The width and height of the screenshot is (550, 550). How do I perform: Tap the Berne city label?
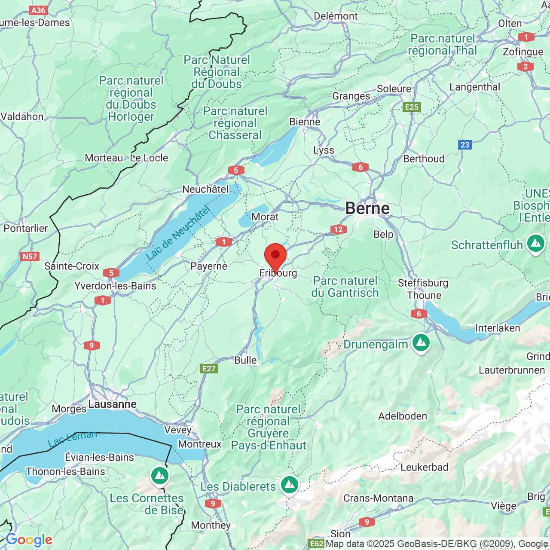(367, 208)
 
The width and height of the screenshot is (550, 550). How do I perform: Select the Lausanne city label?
(113, 404)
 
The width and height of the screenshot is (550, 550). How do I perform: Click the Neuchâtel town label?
(205, 189)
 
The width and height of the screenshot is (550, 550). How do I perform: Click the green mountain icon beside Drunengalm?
(421, 343)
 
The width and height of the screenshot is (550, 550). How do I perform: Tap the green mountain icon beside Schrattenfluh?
(535, 244)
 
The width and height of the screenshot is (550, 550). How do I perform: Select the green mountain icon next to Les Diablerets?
(290, 485)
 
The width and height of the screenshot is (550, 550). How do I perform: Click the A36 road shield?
(38, 10)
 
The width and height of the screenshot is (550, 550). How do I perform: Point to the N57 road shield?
(30, 257)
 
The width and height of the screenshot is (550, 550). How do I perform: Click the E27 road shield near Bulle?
(209, 369)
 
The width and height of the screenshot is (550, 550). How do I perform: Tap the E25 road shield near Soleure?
(412, 107)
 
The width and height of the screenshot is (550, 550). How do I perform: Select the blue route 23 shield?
(465, 145)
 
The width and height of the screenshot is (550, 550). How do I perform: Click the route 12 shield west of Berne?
(339, 229)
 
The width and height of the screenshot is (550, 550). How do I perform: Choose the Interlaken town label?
(498, 328)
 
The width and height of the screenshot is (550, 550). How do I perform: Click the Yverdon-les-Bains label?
(115, 286)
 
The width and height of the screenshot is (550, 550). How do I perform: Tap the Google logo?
(29, 540)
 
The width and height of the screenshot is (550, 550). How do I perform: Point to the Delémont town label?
(336, 16)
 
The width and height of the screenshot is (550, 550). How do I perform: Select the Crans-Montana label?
(378, 498)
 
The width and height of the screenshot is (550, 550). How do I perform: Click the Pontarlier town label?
(26, 228)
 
